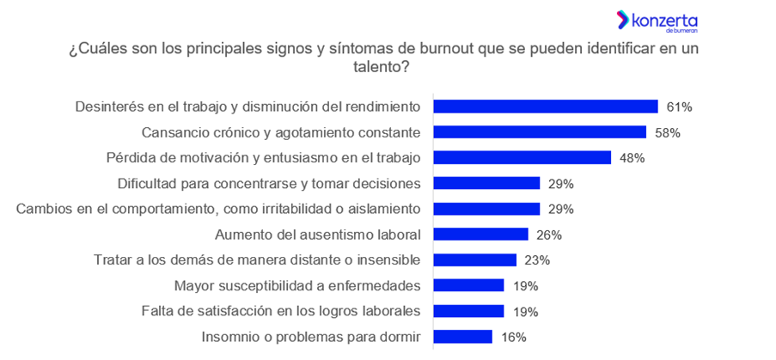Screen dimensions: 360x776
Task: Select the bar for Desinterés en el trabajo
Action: click(x=545, y=107)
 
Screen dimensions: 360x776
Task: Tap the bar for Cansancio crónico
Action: click(x=539, y=132)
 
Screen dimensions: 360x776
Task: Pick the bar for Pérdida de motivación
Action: click(x=522, y=158)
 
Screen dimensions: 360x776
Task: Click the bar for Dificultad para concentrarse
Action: click(x=486, y=183)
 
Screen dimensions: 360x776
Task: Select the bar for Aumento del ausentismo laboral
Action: click(x=480, y=235)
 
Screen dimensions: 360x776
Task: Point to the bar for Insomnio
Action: click(x=462, y=337)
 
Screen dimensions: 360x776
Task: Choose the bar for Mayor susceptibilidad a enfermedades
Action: click(x=468, y=285)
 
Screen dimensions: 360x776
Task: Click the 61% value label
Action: click(x=679, y=107)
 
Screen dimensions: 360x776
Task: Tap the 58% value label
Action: click(x=668, y=133)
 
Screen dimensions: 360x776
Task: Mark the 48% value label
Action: click(x=632, y=158)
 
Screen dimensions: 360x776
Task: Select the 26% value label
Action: click(x=549, y=235)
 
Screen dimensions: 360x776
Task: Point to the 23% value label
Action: click(x=537, y=260)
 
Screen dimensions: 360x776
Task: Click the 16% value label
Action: click(x=513, y=337)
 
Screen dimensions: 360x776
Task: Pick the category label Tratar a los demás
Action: click(x=256, y=260)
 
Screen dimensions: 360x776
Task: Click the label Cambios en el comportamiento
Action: click(x=218, y=209)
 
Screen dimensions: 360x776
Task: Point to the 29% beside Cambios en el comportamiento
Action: click(x=560, y=209)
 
